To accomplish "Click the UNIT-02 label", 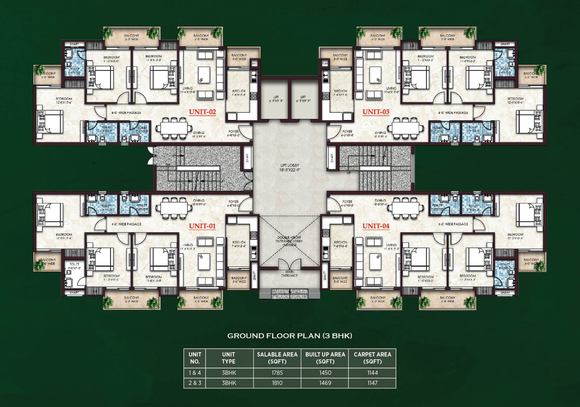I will [x=202, y=112].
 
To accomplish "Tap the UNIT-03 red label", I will [x=376, y=112].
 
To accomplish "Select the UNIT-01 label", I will [x=202, y=226].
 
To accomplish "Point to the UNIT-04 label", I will [x=376, y=226].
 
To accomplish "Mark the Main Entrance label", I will [x=290, y=274].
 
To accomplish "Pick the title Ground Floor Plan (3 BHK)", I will [x=290, y=336].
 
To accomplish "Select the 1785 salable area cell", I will [x=277, y=373].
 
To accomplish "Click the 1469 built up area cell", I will [x=325, y=383].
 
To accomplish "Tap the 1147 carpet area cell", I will [x=372, y=383].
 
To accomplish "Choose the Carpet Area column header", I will [x=372, y=358].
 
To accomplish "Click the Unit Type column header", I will [x=228, y=358].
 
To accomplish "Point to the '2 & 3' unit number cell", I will [x=195, y=383].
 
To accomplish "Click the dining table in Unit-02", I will [x=174, y=128].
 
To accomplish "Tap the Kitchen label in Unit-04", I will [x=340, y=244].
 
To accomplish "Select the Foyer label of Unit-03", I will [x=347, y=133].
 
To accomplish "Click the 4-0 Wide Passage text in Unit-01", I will [x=126, y=224].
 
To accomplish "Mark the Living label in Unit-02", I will [x=188, y=90].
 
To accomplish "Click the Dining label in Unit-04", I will [x=380, y=202].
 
